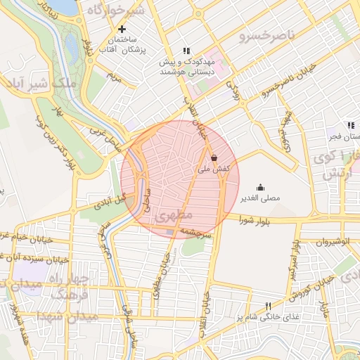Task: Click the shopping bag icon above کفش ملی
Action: click(x=213, y=157)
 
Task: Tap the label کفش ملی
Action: click(x=213, y=169)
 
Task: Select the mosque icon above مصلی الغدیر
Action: click(x=261, y=187)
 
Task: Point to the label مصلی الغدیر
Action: click(x=261, y=198)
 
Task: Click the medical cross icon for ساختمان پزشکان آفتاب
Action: click(x=122, y=29)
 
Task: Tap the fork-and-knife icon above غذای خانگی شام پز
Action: click(x=268, y=306)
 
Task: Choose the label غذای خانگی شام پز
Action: click(x=268, y=318)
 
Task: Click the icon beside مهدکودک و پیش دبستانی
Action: click(x=186, y=51)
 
